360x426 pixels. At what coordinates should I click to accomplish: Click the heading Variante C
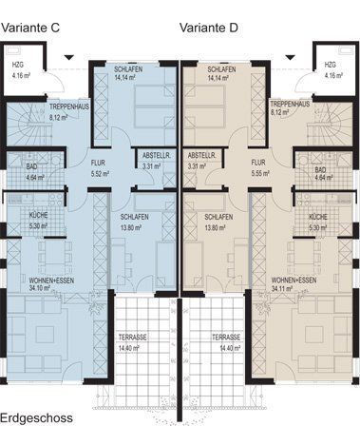tap(30, 28)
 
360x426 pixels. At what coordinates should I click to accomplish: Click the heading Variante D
tap(209, 28)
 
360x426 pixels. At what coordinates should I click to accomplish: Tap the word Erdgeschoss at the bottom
tap(37, 418)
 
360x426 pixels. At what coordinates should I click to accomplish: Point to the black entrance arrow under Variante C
tap(69, 57)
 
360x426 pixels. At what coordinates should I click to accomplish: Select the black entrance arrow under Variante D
tap(290, 57)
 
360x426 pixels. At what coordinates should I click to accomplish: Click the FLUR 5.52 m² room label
tap(100, 168)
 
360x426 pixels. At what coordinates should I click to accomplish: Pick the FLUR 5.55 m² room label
tap(260, 168)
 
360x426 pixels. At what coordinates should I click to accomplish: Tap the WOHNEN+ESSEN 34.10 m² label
tap(51, 284)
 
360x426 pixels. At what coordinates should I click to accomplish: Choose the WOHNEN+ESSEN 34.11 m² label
tap(294, 284)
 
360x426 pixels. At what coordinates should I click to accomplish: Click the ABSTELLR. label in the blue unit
tap(157, 156)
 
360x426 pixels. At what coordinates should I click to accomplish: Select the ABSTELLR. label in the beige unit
tap(201, 156)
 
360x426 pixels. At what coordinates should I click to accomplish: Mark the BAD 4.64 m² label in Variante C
tap(35, 172)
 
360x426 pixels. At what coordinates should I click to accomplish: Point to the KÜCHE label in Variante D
tap(318, 218)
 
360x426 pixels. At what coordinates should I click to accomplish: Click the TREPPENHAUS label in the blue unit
tap(69, 107)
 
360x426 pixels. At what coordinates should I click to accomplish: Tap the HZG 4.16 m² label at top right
tap(333, 70)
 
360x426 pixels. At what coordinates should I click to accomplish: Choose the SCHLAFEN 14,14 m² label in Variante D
tap(221, 73)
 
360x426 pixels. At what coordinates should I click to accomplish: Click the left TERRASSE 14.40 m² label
tap(132, 342)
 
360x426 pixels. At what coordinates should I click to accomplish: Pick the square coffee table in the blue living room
tap(45, 335)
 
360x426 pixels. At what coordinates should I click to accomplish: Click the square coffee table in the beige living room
tap(314, 335)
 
